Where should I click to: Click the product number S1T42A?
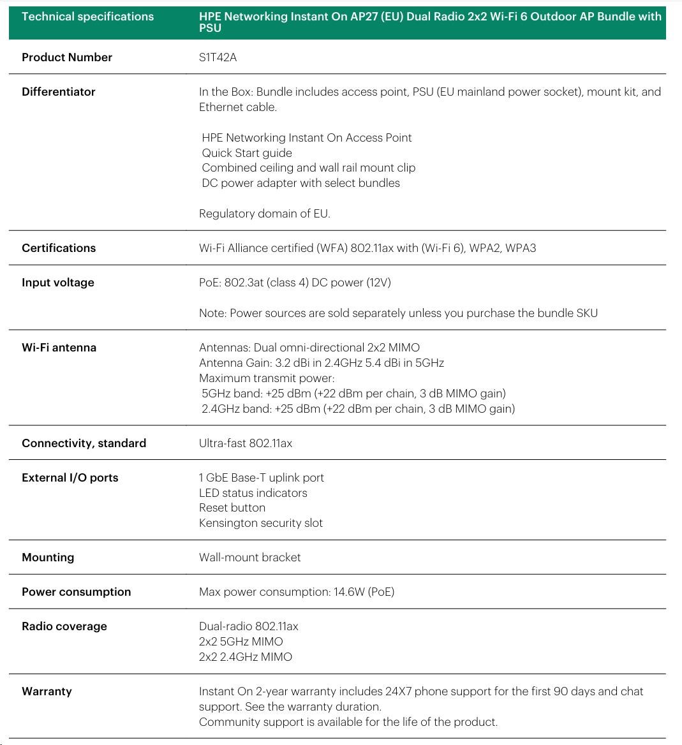coord(218,57)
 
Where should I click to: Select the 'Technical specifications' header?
coord(87,17)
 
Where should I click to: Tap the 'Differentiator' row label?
coord(58,92)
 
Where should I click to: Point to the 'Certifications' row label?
coord(59,248)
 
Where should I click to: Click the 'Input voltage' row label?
coord(57,283)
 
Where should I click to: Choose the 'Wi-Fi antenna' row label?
coord(59,348)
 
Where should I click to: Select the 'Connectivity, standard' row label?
coord(84,443)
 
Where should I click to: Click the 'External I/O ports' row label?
coord(70,478)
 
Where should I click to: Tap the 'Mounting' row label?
coord(48,557)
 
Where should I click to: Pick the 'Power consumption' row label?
coord(76,592)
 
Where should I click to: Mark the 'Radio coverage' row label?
coord(64,626)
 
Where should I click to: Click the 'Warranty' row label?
coord(47,691)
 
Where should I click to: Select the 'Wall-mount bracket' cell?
coord(249,557)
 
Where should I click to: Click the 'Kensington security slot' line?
coord(260,523)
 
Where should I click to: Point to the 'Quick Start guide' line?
coord(247,153)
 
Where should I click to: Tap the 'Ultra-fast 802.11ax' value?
coord(245,443)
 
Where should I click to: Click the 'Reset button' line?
coord(232,508)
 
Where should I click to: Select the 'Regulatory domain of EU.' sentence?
coord(264,214)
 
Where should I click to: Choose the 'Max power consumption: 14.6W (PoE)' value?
coord(296,592)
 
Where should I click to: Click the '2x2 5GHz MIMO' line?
coord(241,642)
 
